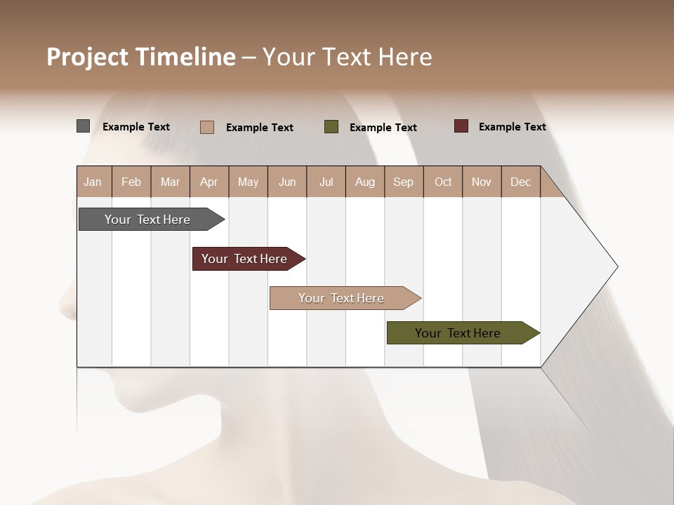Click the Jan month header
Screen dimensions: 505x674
point(93,182)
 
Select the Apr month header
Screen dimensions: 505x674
point(209,182)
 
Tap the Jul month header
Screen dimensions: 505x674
point(326,182)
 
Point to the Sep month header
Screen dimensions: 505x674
point(404,182)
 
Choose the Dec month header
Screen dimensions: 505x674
point(520,182)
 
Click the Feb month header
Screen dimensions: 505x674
point(131,182)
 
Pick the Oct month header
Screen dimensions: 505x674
point(443,182)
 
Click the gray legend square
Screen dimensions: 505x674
point(84,126)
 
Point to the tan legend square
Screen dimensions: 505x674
point(207,127)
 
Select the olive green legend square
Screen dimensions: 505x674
point(331,127)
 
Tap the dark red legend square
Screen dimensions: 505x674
point(461,126)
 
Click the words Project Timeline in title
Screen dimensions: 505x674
point(141,57)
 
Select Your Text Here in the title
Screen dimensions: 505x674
point(348,57)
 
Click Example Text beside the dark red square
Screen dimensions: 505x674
point(512,127)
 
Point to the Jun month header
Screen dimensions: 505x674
point(287,182)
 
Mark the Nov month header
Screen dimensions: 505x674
point(482,182)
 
